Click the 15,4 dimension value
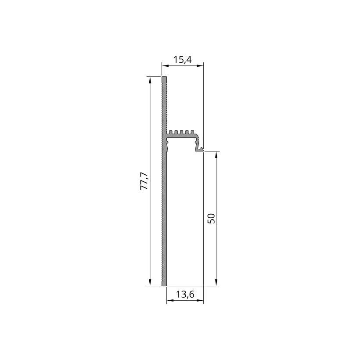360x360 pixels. point(182,60)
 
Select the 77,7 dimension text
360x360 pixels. point(144,181)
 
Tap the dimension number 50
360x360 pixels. point(211,218)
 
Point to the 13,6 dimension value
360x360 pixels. point(185,294)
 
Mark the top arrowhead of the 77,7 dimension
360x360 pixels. point(150,80)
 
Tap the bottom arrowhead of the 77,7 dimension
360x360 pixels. point(150,282)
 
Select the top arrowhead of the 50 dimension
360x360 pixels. point(216,155)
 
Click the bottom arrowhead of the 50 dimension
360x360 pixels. point(216,282)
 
